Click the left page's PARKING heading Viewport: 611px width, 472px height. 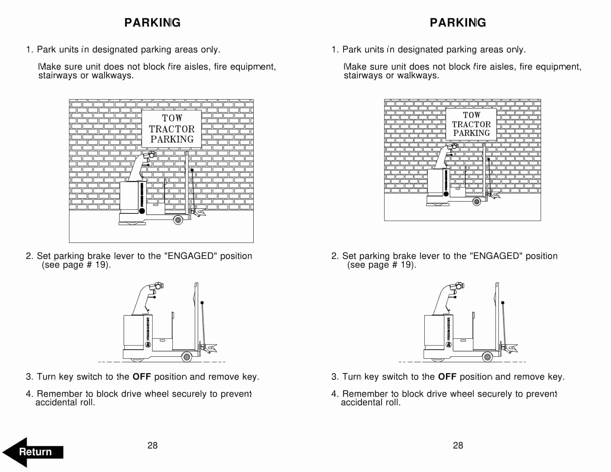pyautogui.click(x=153, y=23)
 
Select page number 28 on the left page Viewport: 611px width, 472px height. pyautogui.click(x=153, y=445)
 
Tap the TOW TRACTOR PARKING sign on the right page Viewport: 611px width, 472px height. pyautogui.click(x=471, y=124)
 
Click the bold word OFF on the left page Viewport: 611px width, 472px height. pyautogui.click(x=142, y=377)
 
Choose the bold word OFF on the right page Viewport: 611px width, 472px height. pyautogui.click(x=447, y=377)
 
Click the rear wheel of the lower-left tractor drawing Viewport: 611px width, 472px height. pyautogui.click(x=187, y=357)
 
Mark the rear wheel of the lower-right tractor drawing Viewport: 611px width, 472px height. pyautogui.click(x=487, y=357)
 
